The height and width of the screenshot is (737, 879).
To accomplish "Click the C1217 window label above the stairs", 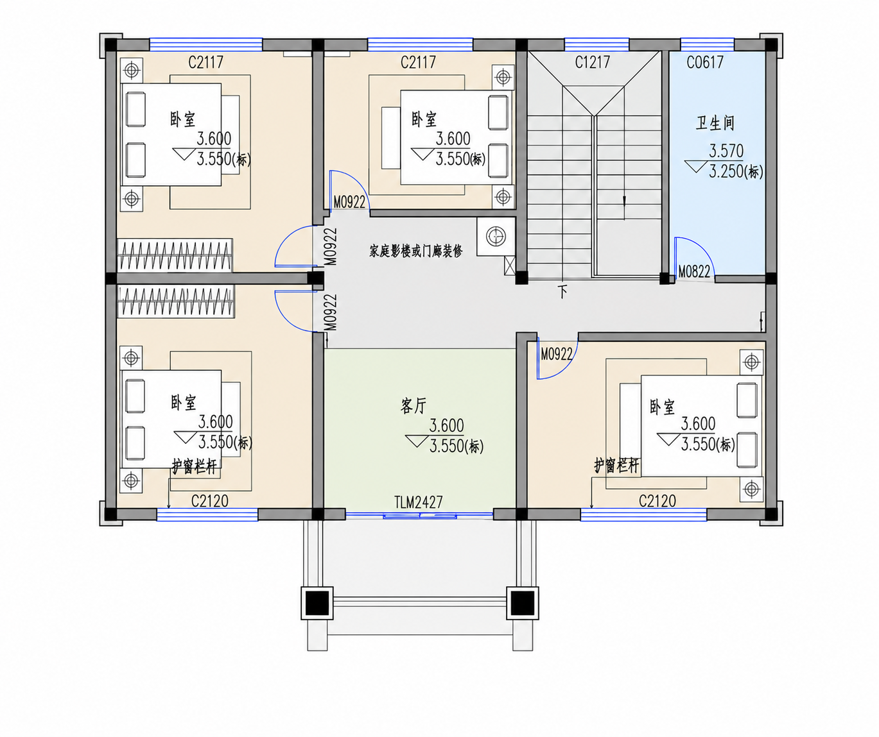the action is [x=593, y=62].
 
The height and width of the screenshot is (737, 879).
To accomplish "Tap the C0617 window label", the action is [x=705, y=62].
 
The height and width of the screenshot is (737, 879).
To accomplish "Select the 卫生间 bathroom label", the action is [x=715, y=123].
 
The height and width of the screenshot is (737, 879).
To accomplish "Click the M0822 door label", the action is [x=694, y=272].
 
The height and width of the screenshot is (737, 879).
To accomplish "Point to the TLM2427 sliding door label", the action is [x=419, y=502].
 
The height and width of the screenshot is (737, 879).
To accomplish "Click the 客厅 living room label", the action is [x=413, y=406].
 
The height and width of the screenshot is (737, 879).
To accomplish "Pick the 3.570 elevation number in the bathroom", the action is [x=726, y=150].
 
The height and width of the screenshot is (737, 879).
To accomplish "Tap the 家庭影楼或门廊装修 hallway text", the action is [x=416, y=251].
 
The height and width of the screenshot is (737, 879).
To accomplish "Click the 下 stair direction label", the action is [x=563, y=291].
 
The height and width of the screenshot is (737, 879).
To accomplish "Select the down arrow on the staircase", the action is [x=624, y=208].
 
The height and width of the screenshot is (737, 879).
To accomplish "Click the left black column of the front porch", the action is [x=317, y=603].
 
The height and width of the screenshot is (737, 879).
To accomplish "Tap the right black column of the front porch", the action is [x=523, y=603].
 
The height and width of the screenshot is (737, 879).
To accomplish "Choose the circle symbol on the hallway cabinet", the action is [x=496, y=237].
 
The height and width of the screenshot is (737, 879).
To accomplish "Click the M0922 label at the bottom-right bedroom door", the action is [x=557, y=354].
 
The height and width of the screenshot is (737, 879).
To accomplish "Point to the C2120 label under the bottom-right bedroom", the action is [x=657, y=501].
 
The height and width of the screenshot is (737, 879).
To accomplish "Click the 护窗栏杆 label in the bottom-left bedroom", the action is [x=195, y=466].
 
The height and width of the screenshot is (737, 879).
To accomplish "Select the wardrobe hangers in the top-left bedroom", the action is [x=175, y=255].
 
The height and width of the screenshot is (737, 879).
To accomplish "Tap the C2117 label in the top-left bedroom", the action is [x=205, y=62].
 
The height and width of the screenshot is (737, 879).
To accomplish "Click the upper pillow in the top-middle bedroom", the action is [x=498, y=112].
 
